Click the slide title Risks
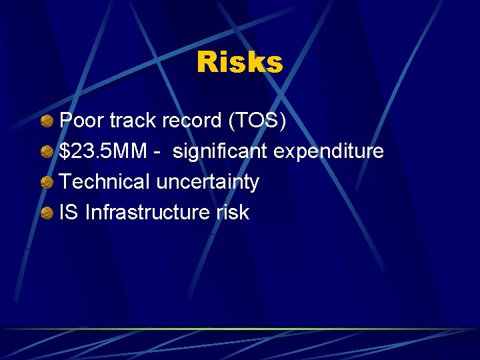click(239, 63)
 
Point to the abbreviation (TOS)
click(258, 121)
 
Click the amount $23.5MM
click(103, 151)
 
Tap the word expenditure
click(329, 151)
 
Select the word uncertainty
click(207, 182)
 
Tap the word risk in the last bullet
click(231, 213)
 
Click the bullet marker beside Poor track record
click(46, 121)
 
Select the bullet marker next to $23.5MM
click(46, 152)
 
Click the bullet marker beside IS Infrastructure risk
click(46, 213)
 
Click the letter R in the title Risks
click(207, 63)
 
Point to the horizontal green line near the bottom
click(240, 329)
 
